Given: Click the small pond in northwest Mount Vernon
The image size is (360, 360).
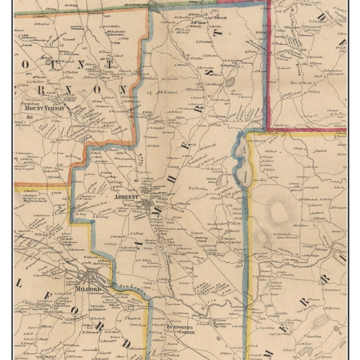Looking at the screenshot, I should point(48,61).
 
